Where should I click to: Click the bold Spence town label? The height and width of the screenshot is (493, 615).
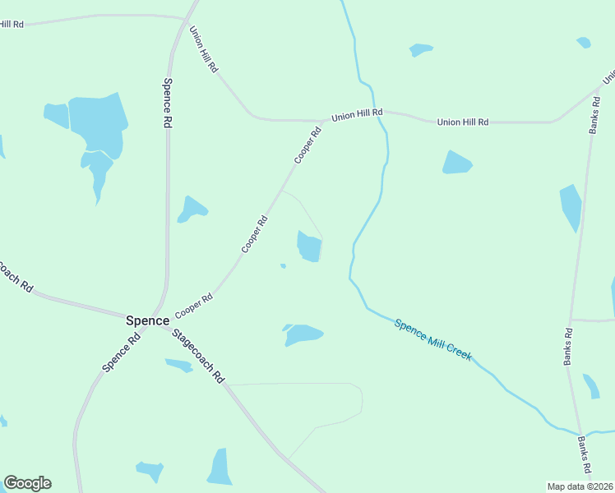[147, 320]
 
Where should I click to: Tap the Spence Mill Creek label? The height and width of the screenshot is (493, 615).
[432, 339]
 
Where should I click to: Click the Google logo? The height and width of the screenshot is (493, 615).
[27, 483]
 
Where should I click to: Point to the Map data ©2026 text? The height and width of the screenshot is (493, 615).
[580, 486]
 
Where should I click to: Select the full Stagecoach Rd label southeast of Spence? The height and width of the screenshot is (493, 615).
[198, 354]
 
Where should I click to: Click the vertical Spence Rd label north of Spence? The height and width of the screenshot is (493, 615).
[167, 102]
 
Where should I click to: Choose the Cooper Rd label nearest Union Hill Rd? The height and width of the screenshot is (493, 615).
[307, 145]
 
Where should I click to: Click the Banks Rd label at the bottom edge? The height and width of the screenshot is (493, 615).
[585, 455]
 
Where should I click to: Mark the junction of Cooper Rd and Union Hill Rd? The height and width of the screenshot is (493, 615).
[321, 122]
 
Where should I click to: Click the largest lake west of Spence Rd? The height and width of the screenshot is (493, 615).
[98, 123]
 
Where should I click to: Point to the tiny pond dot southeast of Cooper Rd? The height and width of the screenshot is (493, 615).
[283, 265]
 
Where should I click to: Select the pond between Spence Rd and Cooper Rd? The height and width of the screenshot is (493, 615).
[192, 210]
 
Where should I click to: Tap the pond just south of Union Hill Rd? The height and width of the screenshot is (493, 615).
[456, 163]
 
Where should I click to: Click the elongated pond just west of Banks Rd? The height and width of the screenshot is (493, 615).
[571, 206]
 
